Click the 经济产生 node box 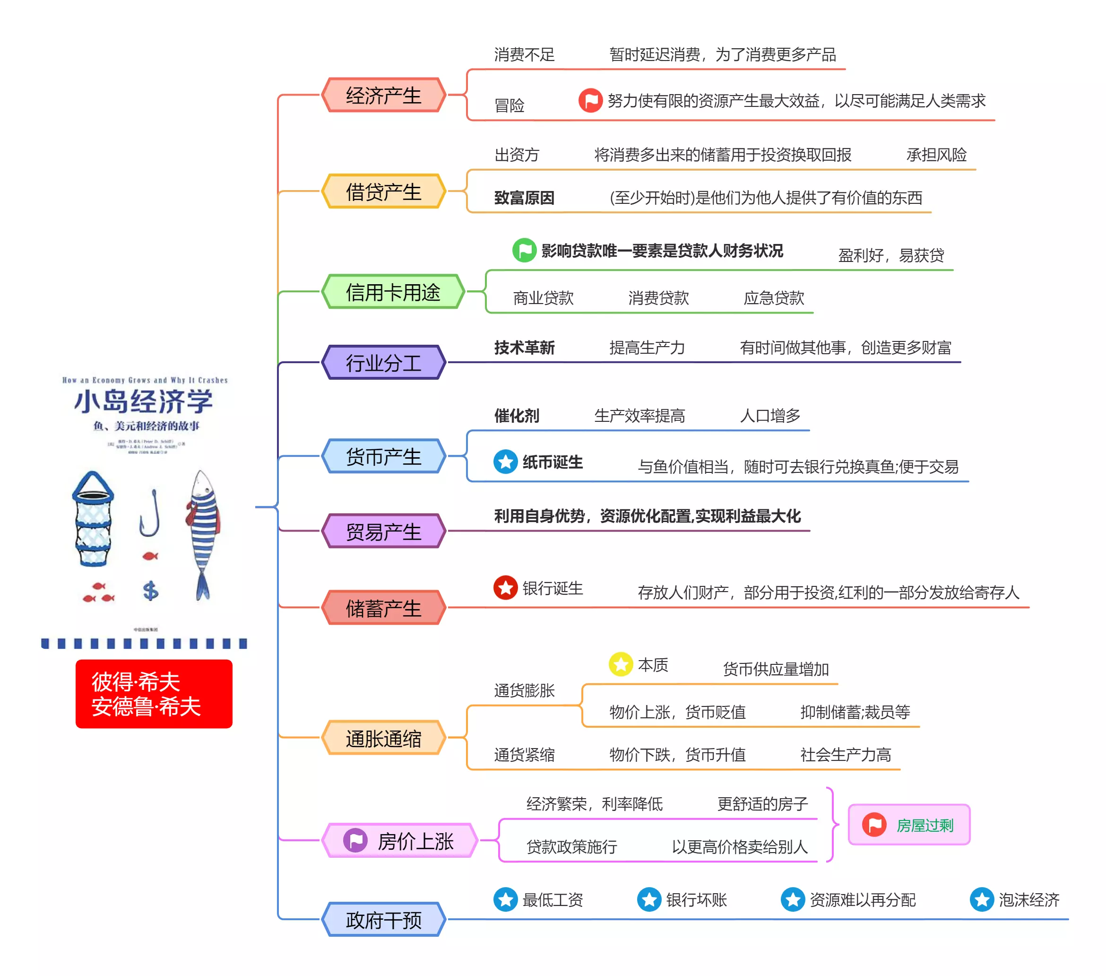pyautogui.click(x=383, y=95)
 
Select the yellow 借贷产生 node pyautogui.click(x=383, y=192)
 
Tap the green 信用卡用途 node pyautogui.click(x=393, y=292)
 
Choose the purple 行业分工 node pyautogui.click(x=383, y=362)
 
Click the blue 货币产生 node pyautogui.click(x=383, y=456)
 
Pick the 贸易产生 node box pyautogui.click(x=383, y=532)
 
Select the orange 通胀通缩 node pyautogui.click(x=383, y=738)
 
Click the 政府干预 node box pyautogui.click(x=383, y=919)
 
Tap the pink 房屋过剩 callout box pyautogui.click(x=908, y=824)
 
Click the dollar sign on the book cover pyautogui.click(x=150, y=591)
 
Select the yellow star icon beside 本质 pyautogui.click(x=621, y=664)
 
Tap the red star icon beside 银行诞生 pyautogui.click(x=505, y=588)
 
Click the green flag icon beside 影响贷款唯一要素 pyautogui.click(x=524, y=250)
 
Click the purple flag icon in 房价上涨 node pyautogui.click(x=355, y=841)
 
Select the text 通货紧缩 pyautogui.click(x=524, y=755)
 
